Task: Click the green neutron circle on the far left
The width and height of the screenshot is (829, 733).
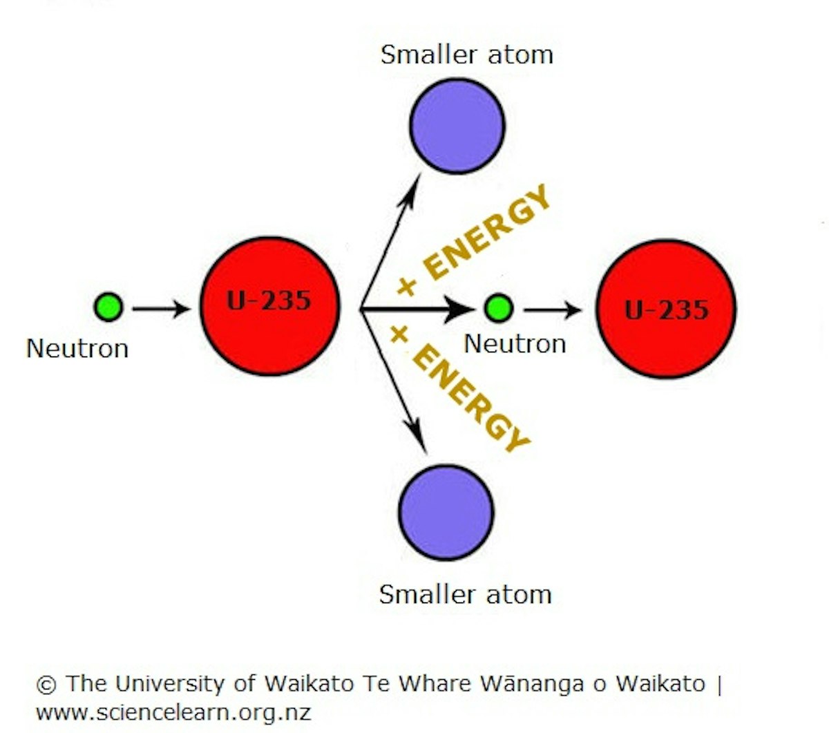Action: [108, 307]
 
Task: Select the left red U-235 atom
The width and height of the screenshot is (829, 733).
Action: [269, 306]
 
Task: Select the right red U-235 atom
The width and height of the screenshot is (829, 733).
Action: [666, 309]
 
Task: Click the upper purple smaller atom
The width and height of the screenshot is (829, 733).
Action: [457, 126]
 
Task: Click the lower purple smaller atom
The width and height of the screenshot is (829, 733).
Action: [446, 512]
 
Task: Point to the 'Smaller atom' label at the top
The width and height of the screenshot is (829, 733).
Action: [467, 55]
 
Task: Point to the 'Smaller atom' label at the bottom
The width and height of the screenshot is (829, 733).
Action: [465, 594]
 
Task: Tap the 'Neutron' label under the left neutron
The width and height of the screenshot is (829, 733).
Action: [77, 348]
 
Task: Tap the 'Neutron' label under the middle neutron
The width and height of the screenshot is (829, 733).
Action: [515, 343]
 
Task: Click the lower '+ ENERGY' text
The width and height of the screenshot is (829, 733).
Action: [459, 387]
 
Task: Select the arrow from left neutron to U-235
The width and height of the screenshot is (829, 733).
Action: [160, 308]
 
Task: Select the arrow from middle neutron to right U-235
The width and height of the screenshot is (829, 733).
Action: [553, 310]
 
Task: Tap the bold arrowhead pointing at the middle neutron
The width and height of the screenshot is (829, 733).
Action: [459, 309]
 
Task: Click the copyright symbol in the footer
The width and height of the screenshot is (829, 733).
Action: [46, 685]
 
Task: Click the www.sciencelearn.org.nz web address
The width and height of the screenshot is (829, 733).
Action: [173, 712]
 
